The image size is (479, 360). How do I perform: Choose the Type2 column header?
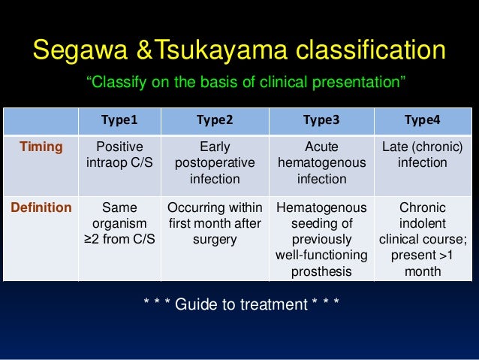point(214,119)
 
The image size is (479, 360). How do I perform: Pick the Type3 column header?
point(321,119)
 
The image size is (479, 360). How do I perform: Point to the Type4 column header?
point(423,119)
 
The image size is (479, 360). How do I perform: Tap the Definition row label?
point(41,207)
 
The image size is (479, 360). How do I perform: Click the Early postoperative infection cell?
point(214,162)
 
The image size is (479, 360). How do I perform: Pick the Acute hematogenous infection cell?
point(321,162)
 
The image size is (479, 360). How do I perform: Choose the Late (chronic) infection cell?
point(423,154)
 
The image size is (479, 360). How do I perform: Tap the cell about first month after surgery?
point(214,223)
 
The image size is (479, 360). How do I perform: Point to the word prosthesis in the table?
point(321,271)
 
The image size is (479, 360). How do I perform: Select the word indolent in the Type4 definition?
point(423,223)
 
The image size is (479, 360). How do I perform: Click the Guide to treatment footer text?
point(240,304)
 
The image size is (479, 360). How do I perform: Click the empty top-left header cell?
point(41,119)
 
